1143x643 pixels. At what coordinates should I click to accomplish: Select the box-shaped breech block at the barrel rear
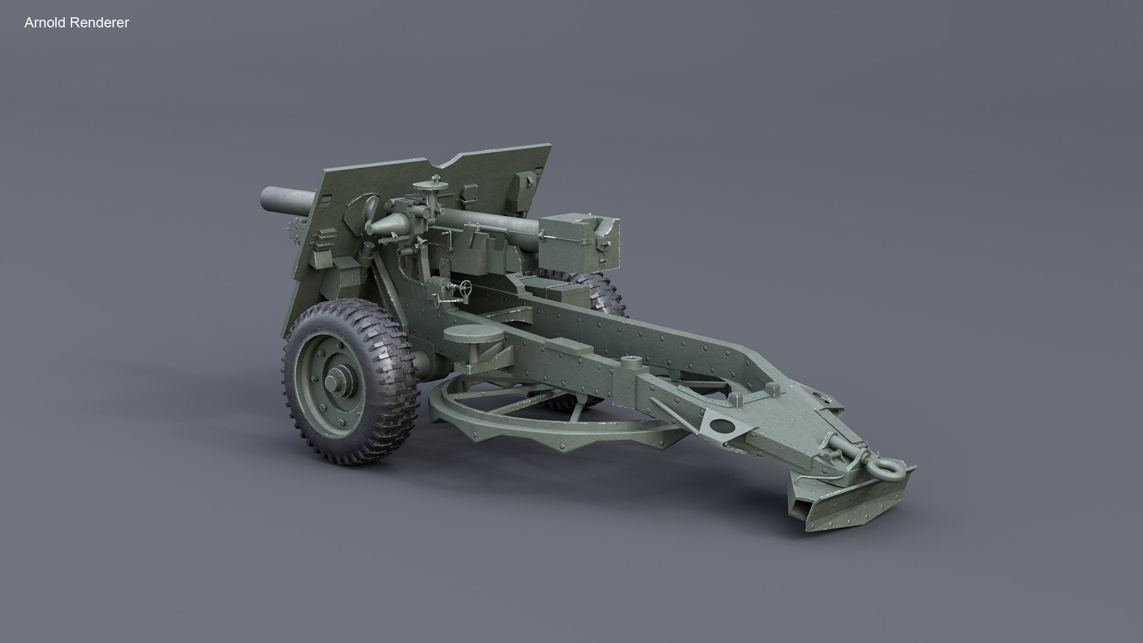577,242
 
